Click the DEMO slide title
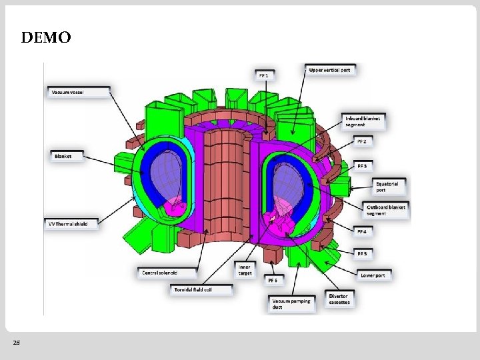[x=45, y=38]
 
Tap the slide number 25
[x=17, y=343]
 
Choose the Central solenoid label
[x=160, y=273]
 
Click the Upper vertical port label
[x=331, y=69]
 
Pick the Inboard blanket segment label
[x=364, y=121]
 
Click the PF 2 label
[x=362, y=141]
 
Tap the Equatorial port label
[x=387, y=186]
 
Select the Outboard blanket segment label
[x=385, y=211]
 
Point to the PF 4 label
[x=362, y=231]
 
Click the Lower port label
[x=373, y=275]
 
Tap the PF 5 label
[x=362, y=254]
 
